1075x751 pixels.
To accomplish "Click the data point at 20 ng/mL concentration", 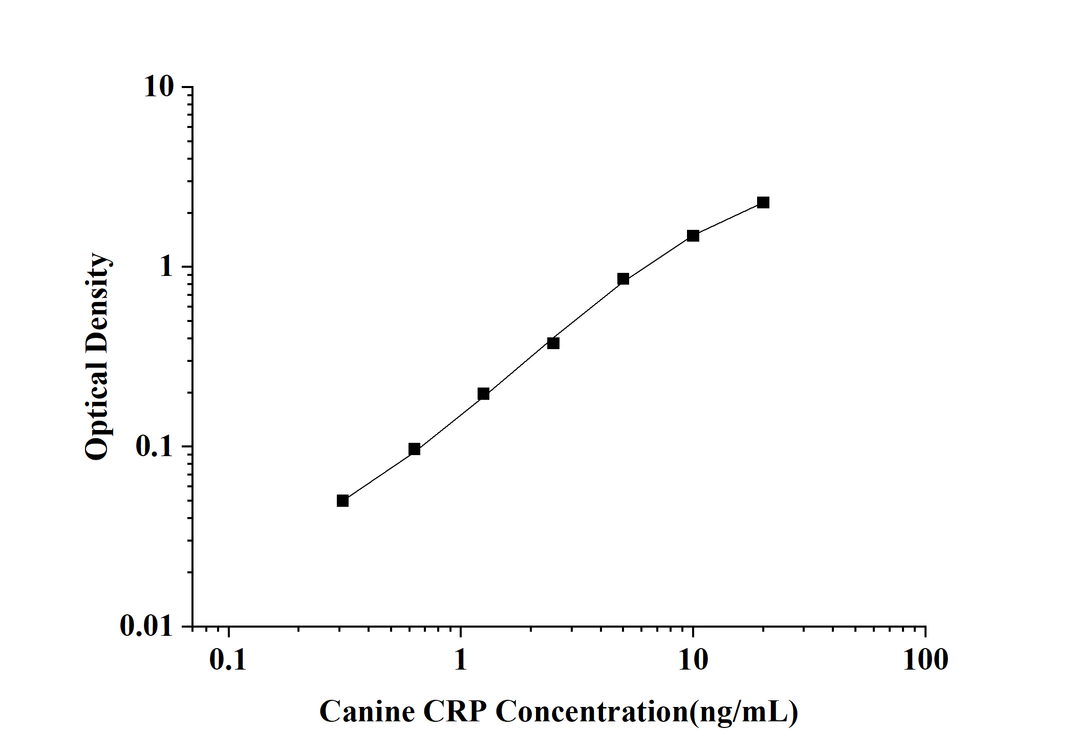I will (x=763, y=203).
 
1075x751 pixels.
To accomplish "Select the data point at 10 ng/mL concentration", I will (x=693, y=235).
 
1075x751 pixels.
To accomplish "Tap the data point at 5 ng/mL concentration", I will (x=623, y=279).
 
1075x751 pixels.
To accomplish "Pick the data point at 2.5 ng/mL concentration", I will (x=553, y=343).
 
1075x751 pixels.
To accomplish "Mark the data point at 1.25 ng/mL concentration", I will (x=483, y=394).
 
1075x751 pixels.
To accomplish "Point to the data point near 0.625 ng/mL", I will (x=414, y=449).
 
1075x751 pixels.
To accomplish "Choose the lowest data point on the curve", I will (x=342, y=501).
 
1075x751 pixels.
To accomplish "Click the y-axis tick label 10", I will (x=159, y=87).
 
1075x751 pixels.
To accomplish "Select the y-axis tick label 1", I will (x=166, y=267).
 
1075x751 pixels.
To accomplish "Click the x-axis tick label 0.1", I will (x=228, y=660).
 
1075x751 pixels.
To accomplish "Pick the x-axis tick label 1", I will (x=461, y=660).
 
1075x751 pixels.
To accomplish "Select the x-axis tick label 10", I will (x=693, y=660).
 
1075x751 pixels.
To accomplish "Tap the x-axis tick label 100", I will (x=925, y=660).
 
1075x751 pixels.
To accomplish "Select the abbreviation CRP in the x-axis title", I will (x=455, y=712).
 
